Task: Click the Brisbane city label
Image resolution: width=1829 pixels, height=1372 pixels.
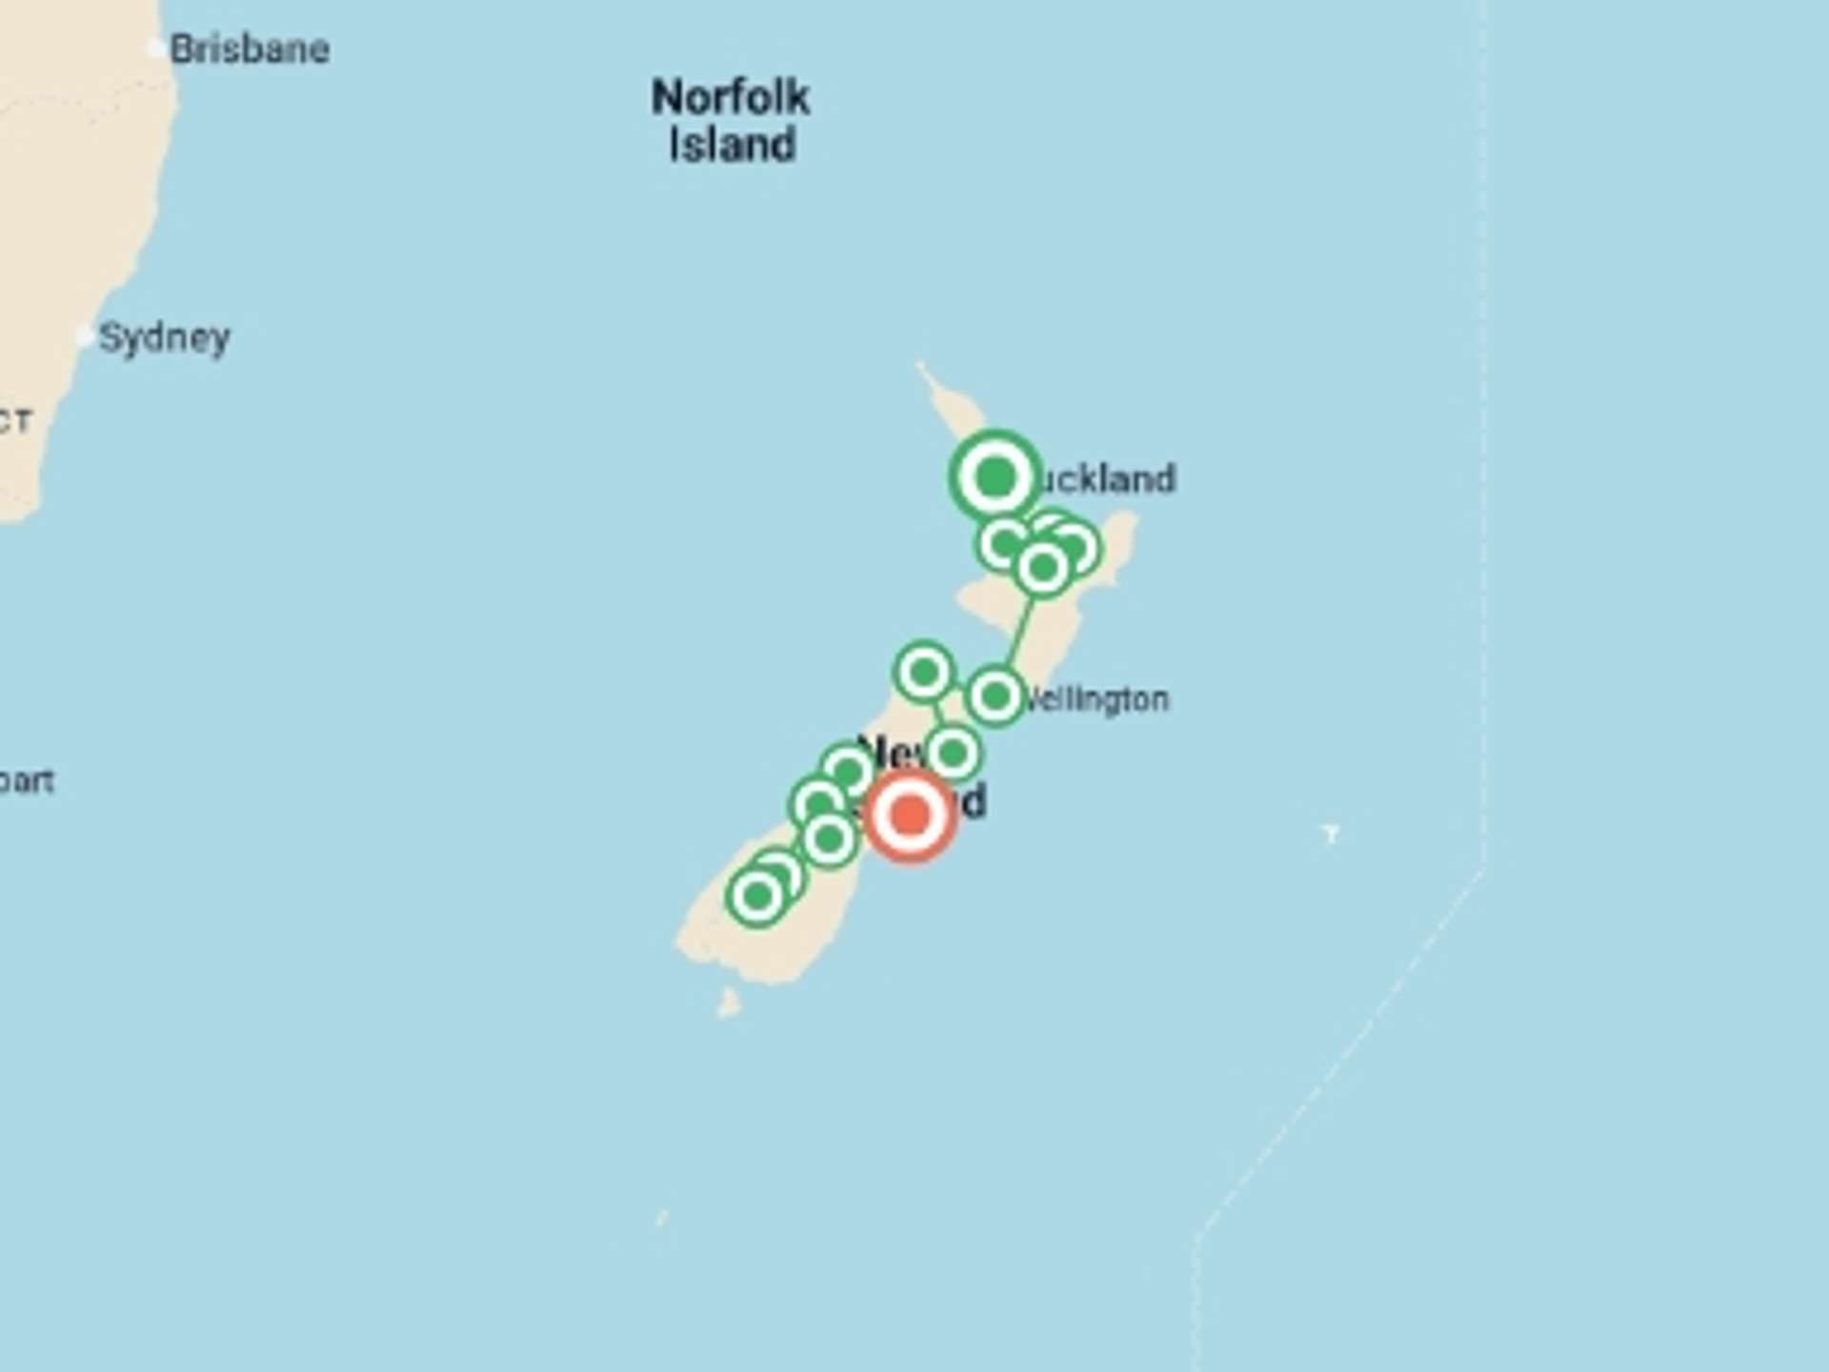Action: (x=250, y=50)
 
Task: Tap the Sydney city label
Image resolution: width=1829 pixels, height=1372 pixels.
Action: (x=165, y=337)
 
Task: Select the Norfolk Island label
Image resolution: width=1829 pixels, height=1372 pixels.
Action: (x=731, y=121)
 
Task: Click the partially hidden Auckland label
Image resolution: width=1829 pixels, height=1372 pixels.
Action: (x=1107, y=478)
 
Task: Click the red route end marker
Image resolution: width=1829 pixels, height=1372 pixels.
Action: (x=911, y=816)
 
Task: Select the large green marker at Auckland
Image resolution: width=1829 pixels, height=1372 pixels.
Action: (x=995, y=476)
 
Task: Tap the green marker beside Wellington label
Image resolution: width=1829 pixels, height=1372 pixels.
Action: (x=995, y=696)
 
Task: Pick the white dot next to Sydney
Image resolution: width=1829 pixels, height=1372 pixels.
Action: (x=86, y=336)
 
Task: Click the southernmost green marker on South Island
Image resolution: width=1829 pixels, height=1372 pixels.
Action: (x=757, y=896)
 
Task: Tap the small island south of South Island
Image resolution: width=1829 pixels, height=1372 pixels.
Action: (x=729, y=1003)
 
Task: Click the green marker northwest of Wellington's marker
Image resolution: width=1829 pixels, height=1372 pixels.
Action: (x=923, y=673)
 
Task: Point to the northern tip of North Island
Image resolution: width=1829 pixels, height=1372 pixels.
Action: (x=921, y=366)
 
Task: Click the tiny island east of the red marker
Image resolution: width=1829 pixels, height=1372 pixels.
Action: (x=1331, y=834)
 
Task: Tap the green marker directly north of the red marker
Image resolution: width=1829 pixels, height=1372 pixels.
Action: (x=953, y=753)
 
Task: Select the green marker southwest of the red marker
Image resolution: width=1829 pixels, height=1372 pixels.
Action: (x=829, y=839)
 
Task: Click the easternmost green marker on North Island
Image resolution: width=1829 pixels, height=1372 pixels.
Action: (x=1075, y=547)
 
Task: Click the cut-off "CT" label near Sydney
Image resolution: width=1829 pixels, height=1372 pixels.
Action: (x=16, y=421)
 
